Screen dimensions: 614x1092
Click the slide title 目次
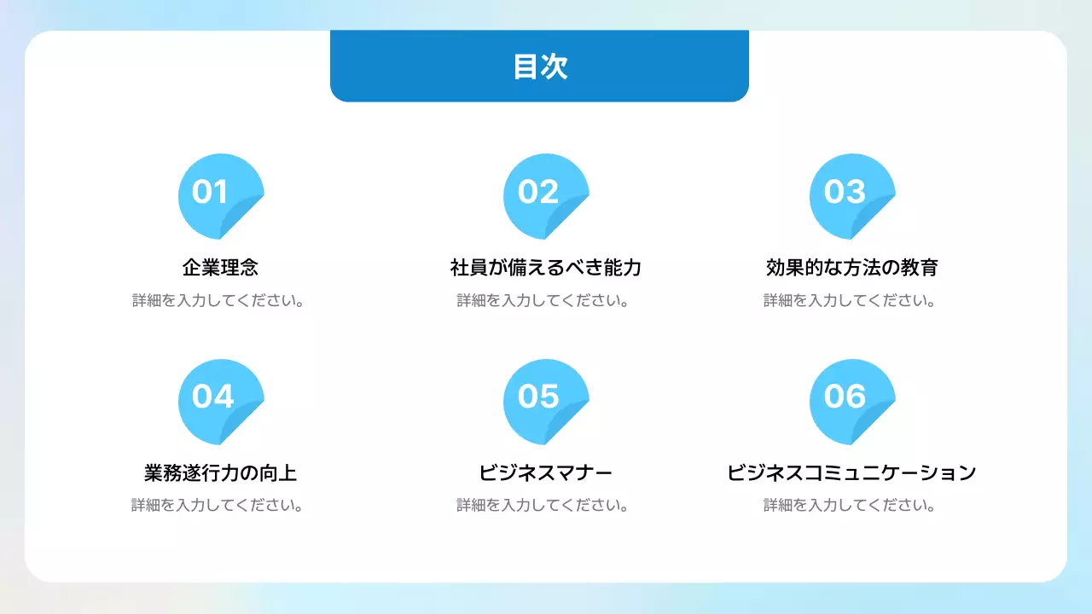pos(540,67)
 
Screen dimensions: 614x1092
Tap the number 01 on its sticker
pos(210,192)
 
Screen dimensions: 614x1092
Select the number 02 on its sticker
pos(537,192)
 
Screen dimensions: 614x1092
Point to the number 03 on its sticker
pos(845,192)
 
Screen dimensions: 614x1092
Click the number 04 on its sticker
pos(212,397)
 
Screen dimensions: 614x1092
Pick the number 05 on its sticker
pos(537,397)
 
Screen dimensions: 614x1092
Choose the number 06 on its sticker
pos(845,397)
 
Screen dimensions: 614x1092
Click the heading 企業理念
pos(220,268)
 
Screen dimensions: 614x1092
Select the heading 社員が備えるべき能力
pos(545,268)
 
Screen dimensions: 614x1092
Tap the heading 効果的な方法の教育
pos(851,268)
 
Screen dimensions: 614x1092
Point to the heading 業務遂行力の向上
pos(220,472)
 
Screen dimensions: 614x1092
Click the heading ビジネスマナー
pos(545,472)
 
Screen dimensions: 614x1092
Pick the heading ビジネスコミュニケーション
pos(851,472)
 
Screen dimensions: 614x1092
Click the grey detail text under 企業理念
pos(219,300)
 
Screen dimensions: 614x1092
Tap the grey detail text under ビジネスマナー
pos(543,505)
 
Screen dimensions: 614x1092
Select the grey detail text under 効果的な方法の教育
pos(851,300)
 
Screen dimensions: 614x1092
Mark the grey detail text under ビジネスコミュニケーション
pos(851,505)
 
